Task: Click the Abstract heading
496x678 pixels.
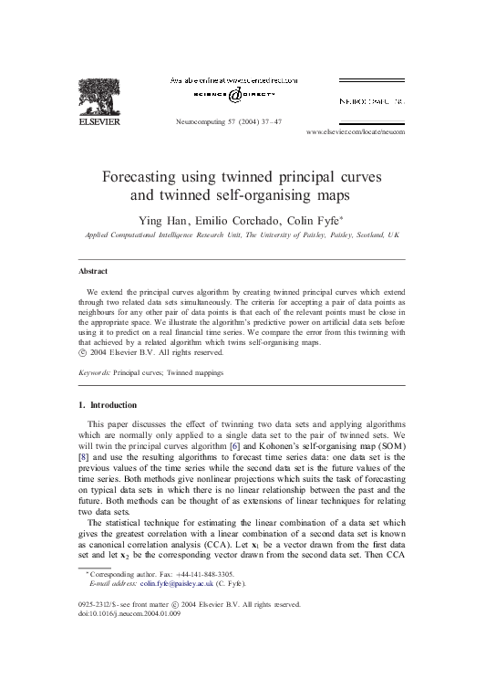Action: (x=93, y=271)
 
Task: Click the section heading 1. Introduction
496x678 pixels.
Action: (x=107, y=404)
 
